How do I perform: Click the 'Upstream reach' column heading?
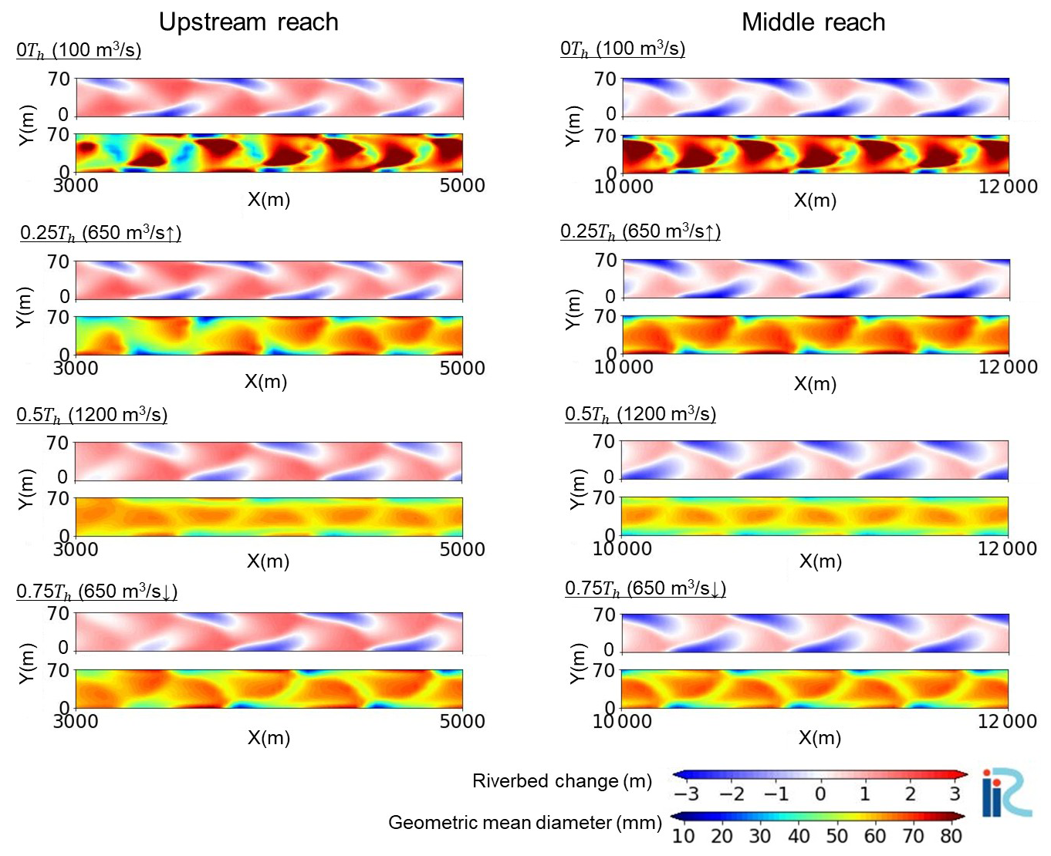[x=248, y=22]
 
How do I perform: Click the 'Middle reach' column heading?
[x=813, y=22]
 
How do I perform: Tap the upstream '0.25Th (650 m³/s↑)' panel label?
[x=100, y=233]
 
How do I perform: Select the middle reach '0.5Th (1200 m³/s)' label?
[x=640, y=415]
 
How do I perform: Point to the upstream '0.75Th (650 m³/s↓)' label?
[x=97, y=592]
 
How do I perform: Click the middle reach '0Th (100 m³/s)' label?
[x=623, y=49]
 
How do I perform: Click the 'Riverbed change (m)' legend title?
[x=562, y=781]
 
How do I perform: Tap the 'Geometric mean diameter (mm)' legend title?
[x=525, y=823]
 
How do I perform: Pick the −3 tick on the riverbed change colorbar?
[x=686, y=794]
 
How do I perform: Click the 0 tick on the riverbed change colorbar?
[x=820, y=794]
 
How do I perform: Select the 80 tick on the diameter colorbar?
[x=951, y=836]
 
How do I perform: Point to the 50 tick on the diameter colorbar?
[x=836, y=836]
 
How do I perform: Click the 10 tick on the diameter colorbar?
[x=684, y=836]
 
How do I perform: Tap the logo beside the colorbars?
[x=1006, y=792]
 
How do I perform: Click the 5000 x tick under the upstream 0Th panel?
[x=462, y=186]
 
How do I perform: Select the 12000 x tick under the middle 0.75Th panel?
[x=1008, y=722]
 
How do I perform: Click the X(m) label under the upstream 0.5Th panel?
[x=268, y=561]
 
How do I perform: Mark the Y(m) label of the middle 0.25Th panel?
[x=573, y=309]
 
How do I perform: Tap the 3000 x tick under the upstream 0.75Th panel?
[x=76, y=722]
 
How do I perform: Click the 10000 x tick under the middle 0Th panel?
[x=624, y=187]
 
